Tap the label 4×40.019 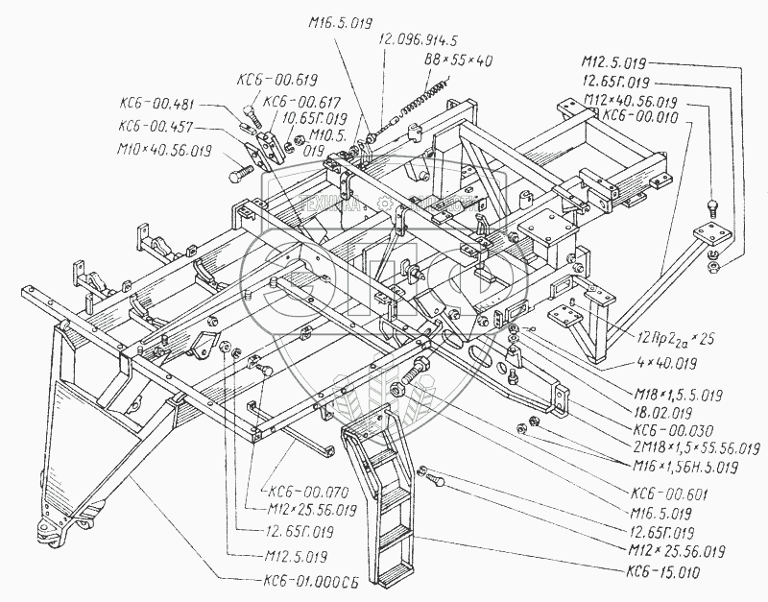click(x=666, y=364)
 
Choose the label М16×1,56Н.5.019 click(x=684, y=467)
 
